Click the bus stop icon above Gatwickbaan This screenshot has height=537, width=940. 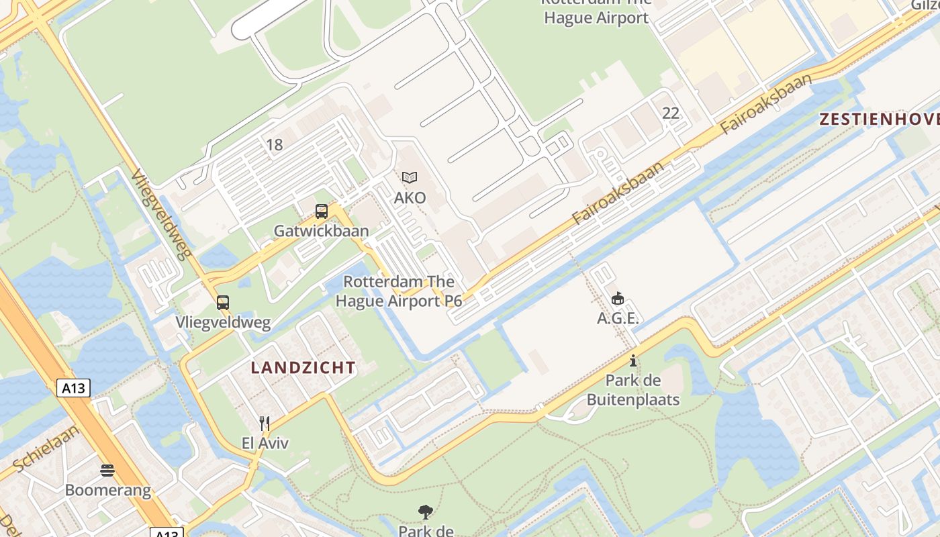pyautogui.click(x=322, y=211)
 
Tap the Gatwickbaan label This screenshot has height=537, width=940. pyautogui.click(x=321, y=231)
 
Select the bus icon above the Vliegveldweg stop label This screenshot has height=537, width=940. pyautogui.click(x=223, y=303)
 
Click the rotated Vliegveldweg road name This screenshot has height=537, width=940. pyautogui.click(x=162, y=213)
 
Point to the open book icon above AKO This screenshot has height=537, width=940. pyautogui.click(x=410, y=178)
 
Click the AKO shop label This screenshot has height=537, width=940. pyautogui.click(x=410, y=198)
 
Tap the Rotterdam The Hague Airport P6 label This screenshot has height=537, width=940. pyautogui.click(x=399, y=291)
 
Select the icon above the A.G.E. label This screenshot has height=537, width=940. pyautogui.click(x=618, y=298)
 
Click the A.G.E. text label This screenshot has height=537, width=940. pyautogui.click(x=618, y=318)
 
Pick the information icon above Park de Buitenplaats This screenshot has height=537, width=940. pyautogui.click(x=632, y=361)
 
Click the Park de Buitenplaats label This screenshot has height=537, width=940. pyautogui.click(x=633, y=391)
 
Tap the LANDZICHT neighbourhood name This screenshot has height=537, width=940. pyautogui.click(x=303, y=368)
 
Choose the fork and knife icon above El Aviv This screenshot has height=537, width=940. pyautogui.click(x=265, y=424)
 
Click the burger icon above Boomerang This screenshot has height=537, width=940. pyautogui.click(x=107, y=470)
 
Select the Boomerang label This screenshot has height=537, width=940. pyautogui.click(x=107, y=490)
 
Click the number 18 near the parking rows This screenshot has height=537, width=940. pyautogui.click(x=274, y=144)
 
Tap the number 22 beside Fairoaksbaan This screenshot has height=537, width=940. pyautogui.click(x=671, y=113)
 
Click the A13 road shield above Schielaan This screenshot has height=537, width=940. pyautogui.click(x=73, y=387)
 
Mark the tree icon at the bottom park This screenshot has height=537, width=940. pyautogui.click(x=425, y=513)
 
